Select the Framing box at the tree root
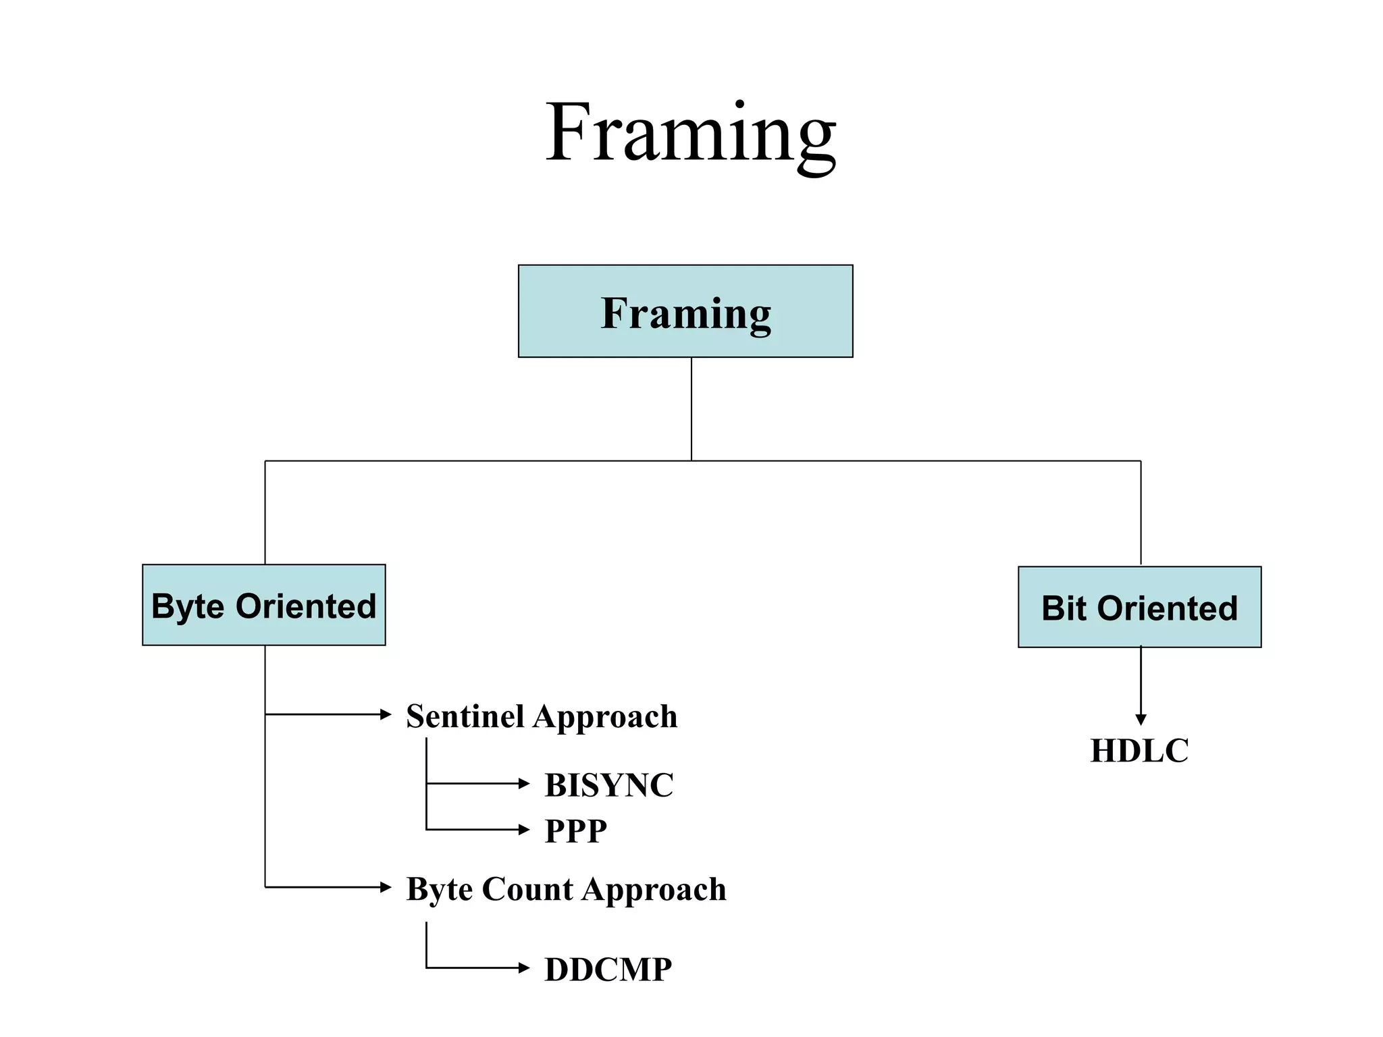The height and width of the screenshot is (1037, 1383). click(685, 311)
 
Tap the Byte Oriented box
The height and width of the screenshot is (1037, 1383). click(264, 605)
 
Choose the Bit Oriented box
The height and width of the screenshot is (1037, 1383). click(1139, 607)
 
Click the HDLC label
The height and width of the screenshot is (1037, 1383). click(1139, 751)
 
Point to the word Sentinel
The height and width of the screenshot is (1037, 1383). click(465, 716)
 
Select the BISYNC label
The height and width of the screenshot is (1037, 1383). click(608, 785)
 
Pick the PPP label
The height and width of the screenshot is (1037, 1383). click(575, 830)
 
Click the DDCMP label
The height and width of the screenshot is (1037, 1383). click(608, 969)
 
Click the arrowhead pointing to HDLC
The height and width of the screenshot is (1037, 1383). click(1141, 720)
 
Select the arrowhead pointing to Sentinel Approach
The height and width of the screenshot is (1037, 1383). click(386, 714)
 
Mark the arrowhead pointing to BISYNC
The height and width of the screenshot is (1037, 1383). click(524, 783)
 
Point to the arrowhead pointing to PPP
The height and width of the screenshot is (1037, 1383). click(524, 830)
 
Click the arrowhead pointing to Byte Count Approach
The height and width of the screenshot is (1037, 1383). click(386, 887)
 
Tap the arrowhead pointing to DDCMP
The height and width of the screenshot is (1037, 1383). click(524, 968)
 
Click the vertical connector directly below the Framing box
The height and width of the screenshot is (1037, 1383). click(691, 408)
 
